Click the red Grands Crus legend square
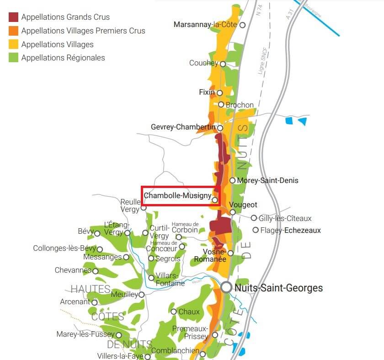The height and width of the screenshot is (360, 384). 14,17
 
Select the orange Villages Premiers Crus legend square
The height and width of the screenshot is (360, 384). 14,31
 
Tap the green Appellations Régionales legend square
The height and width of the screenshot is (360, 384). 14,58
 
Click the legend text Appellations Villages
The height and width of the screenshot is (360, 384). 57,44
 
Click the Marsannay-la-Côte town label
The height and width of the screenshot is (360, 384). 205,25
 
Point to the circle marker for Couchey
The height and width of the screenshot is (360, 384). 223,64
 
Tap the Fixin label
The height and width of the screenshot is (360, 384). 207,92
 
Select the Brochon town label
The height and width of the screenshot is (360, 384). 240,105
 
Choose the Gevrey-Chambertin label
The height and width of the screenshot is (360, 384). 183,127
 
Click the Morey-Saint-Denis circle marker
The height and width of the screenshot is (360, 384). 233,180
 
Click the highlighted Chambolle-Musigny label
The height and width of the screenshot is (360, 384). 177,196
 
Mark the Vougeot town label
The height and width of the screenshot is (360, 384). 243,205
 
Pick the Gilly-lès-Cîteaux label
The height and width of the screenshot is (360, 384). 285,218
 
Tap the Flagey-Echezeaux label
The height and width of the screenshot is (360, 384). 290,231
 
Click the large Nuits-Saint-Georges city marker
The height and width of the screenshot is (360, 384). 226,288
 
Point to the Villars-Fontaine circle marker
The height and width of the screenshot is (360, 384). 151,278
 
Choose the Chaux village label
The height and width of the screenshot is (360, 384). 189,312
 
